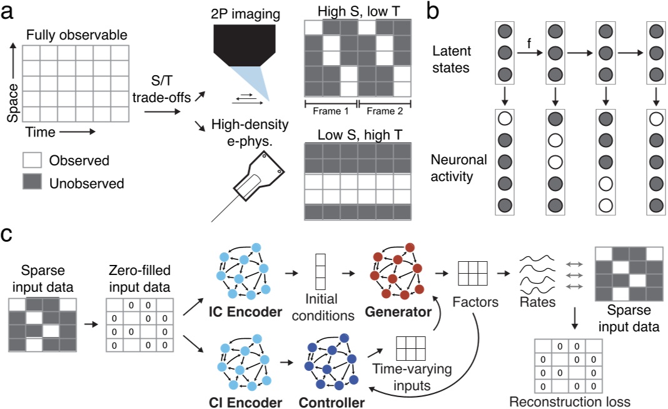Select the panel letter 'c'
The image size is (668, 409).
coord(9,236)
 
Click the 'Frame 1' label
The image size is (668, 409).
coord(330,110)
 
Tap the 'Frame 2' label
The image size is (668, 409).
coord(383,110)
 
